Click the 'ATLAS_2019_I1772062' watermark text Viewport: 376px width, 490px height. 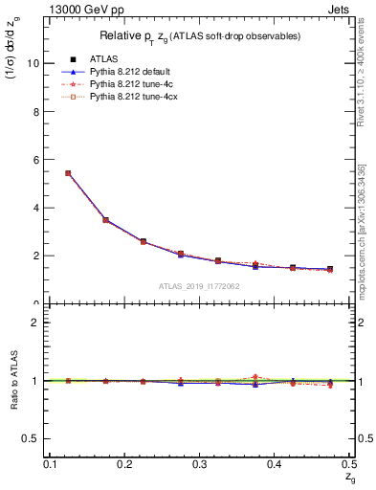click(198, 286)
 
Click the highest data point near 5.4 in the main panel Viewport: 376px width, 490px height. click(68, 173)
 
